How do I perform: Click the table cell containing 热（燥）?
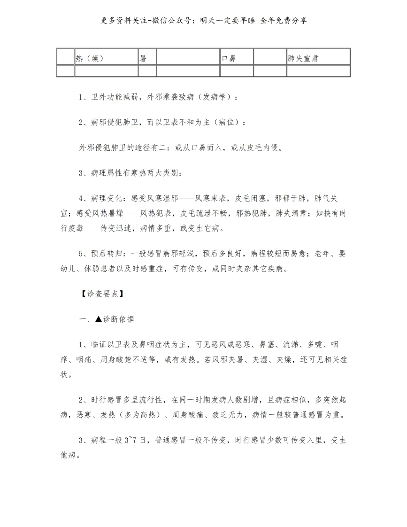pyautogui.click(x=106, y=58)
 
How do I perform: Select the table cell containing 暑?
pyautogui.click(x=147, y=58)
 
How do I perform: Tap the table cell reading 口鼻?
pyautogui.click(x=237, y=58)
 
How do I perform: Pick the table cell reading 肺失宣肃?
pyautogui.click(x=318, y=58)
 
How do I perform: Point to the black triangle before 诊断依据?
pyautogui.click(x=98, y=319)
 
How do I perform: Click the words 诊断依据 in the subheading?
pyautogui.click(x=118, y=319)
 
